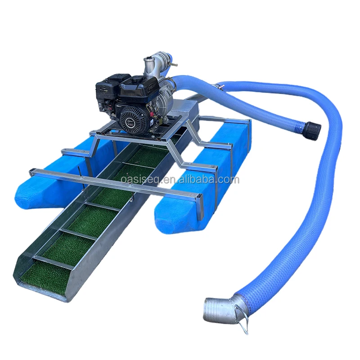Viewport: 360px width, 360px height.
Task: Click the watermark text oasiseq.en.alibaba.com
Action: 180,180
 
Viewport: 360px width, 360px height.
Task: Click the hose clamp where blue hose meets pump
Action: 172,81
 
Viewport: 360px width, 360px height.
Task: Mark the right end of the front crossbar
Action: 198,199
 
